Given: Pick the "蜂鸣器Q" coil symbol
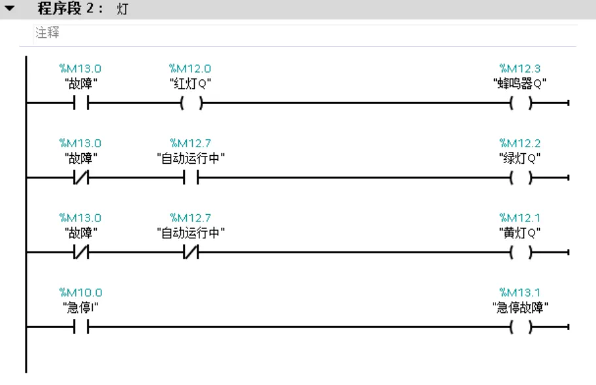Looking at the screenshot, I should tap(521, 103).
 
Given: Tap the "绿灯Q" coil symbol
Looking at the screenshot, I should tap(521, 177).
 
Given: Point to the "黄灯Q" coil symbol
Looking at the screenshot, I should tap(521, 252).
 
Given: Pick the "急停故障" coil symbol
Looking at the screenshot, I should tap(521, 327).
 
